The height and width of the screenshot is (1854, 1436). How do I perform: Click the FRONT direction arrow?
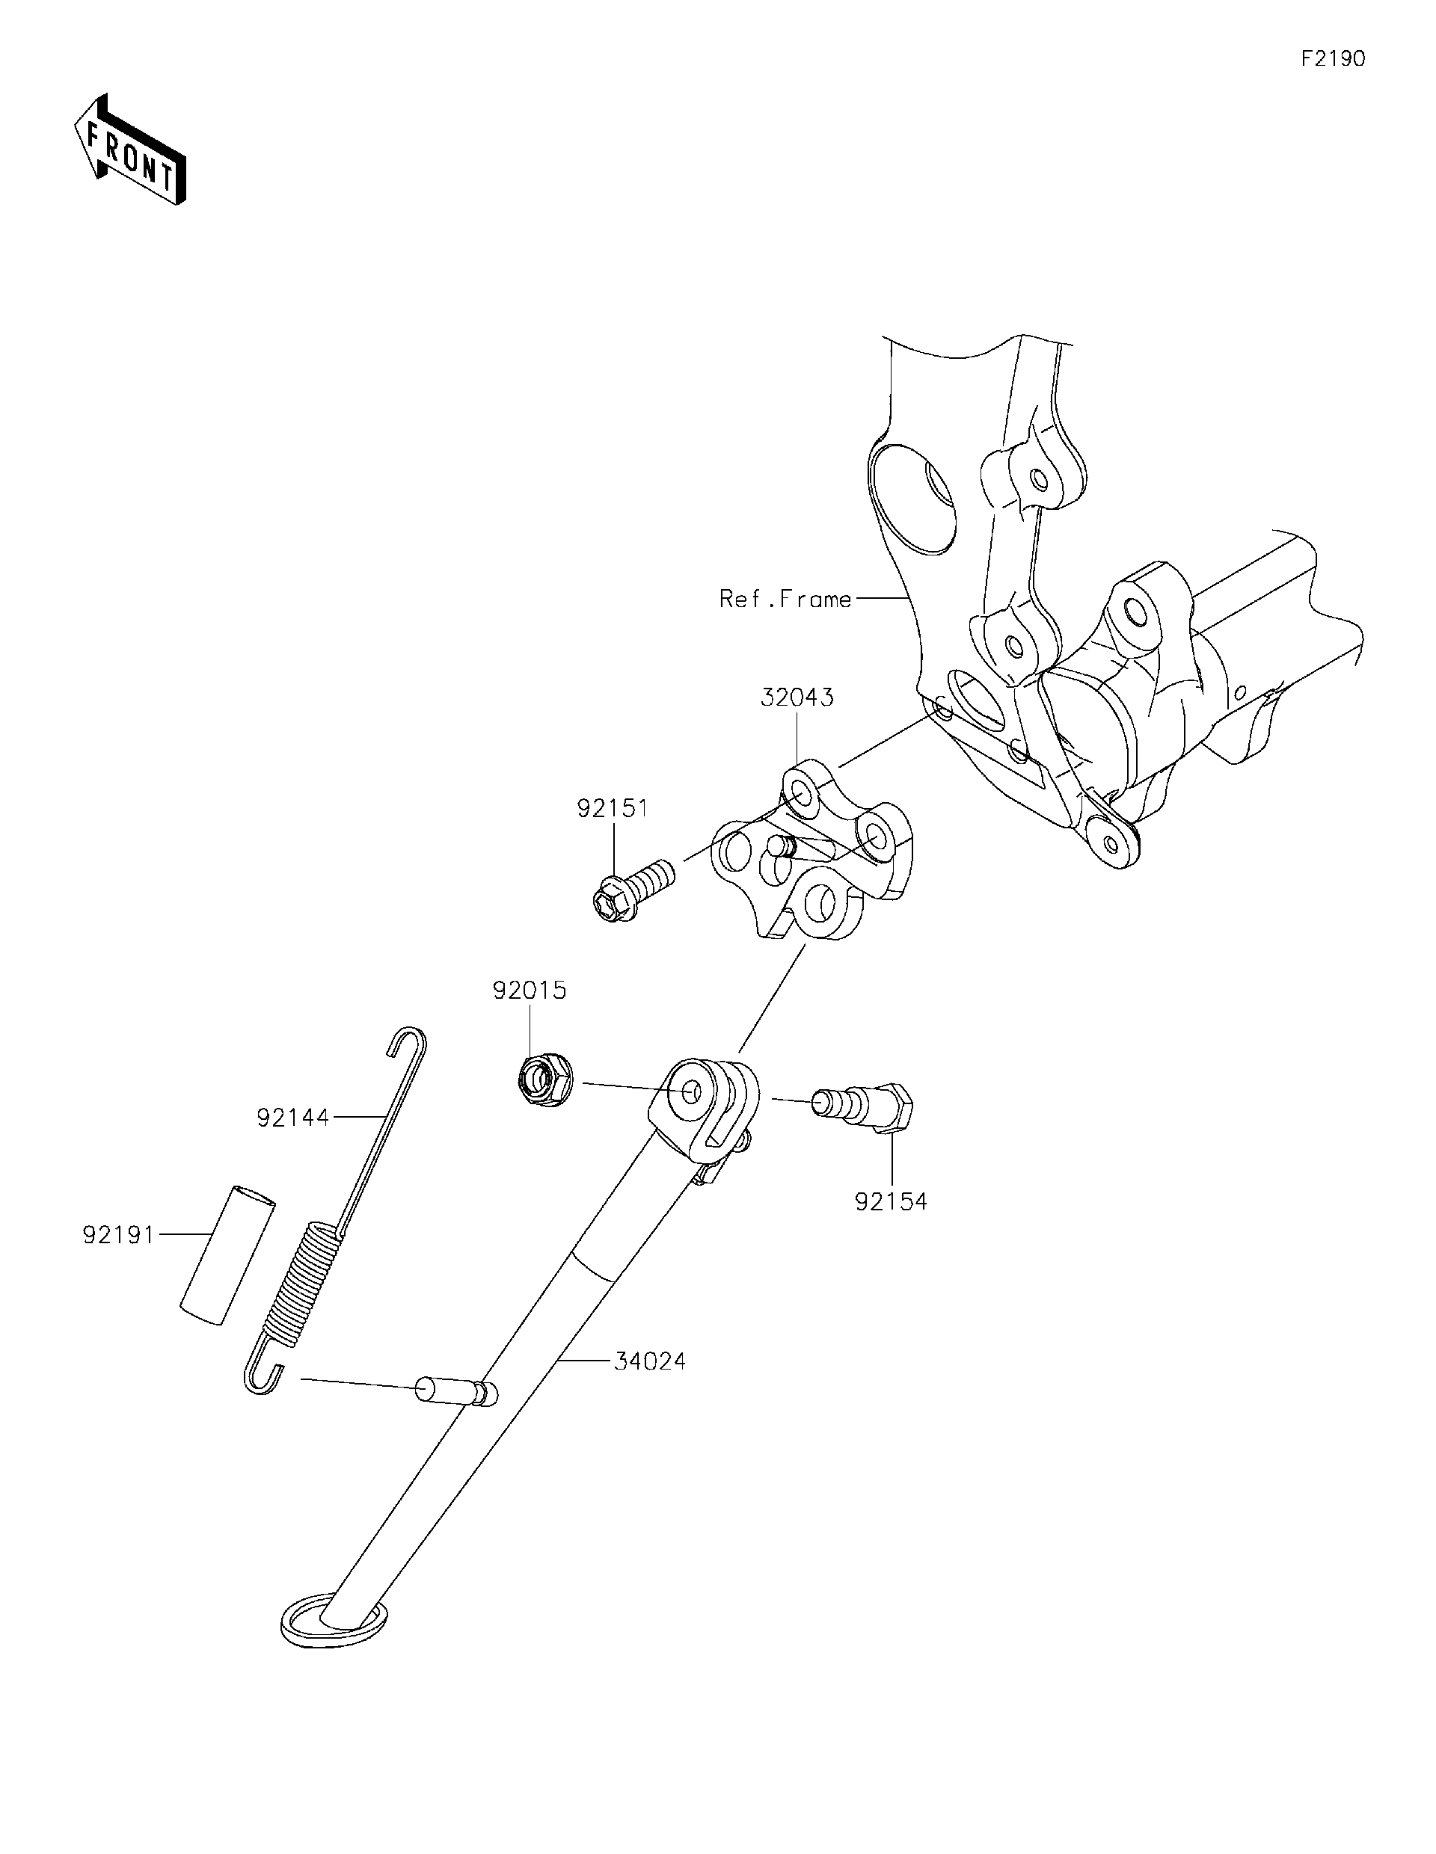pos(130,150)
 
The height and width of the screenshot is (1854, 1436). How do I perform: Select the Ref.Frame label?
pos(785,600)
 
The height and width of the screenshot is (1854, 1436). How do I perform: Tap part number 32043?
pos(797,697)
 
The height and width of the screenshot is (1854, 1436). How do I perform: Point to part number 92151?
pos(613,808)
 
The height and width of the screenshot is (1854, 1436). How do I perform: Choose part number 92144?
pos(293,1118)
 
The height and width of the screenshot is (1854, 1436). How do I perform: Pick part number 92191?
pos(119,1234)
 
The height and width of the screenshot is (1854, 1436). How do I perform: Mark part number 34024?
pos(650,1361)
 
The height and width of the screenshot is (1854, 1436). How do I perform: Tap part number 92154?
pos(891,1202)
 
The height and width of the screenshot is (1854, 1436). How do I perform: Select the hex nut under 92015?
pos(544,1081)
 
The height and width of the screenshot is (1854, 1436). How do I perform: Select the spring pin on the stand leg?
pos(455,1390)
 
